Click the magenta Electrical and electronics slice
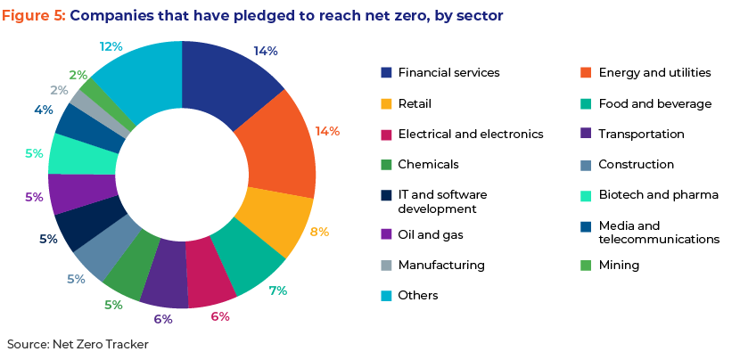click(210, 273)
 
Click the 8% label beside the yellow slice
click(319, 233)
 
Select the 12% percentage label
click(111, 46)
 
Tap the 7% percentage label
click(278, 290)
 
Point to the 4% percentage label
click(44, 110)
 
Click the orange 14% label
click(327, 131)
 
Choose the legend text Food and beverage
click(655, 103)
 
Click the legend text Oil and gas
click(431, 234)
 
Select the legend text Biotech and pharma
click(658, 195)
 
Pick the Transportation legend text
click(641, 134)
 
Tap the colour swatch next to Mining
click(586, 266)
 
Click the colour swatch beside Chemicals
click(386, 165)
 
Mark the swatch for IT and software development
click(386, 195)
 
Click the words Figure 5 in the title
click(34, 16)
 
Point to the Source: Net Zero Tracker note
click(78, 345)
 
